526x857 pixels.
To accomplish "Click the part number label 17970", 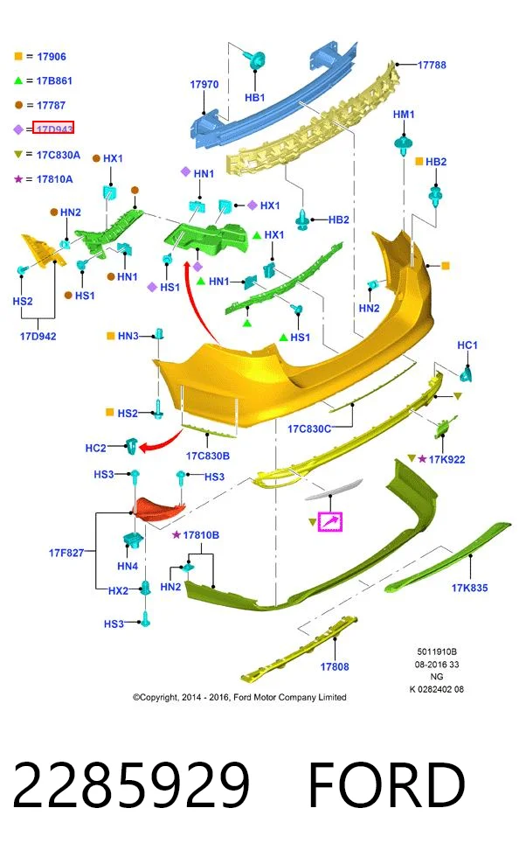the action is coord(204,84).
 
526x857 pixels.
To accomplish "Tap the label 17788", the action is coord(432,65).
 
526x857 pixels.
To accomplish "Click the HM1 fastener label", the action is coord(404,115).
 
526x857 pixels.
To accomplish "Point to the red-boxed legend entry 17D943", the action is coord(53,128).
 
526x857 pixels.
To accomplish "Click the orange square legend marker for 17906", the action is coord(18,56).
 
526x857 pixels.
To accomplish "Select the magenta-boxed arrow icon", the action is coord(329,521).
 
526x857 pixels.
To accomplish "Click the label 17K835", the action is coord(469,588).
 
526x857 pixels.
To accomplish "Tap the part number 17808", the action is coord(335,666).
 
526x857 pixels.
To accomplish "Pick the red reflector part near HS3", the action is coord(160,509).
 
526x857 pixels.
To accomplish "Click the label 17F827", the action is coord(66,553).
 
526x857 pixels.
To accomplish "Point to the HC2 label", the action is coord(95,448).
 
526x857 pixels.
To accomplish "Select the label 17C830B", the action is coord(208,456).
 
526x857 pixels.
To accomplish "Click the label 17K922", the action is coord(446,459).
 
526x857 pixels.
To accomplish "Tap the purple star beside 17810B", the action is coord(176,534).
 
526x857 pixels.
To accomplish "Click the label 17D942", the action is coord(38,336).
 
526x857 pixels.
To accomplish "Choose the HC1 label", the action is coord(467,345).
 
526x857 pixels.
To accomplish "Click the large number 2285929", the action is coord(131,785).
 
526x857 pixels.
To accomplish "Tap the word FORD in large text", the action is coord(387,785).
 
